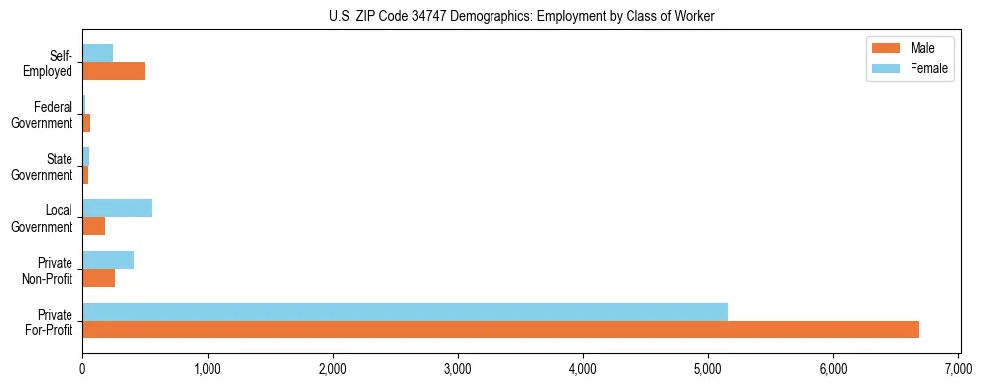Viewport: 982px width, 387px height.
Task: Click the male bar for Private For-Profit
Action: [500, 329]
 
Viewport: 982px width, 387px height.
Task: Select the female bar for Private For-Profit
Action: [405, 312]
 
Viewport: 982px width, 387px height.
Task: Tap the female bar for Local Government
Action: [117, 208]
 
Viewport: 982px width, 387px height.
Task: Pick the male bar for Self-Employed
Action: [113, 71]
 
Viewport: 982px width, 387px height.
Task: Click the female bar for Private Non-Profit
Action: [108, 260]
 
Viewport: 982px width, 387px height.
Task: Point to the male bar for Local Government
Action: [94, 227]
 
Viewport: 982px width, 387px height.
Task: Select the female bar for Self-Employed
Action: [98, 53]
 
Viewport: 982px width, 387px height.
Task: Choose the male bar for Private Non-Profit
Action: [99, 278]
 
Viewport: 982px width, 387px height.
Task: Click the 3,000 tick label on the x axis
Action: [458, 368]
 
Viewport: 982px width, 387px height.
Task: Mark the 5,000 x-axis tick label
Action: [708, 368]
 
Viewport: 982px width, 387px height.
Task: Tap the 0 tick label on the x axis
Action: [82, 368]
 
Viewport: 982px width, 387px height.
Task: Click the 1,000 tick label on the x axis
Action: [208, 368]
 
